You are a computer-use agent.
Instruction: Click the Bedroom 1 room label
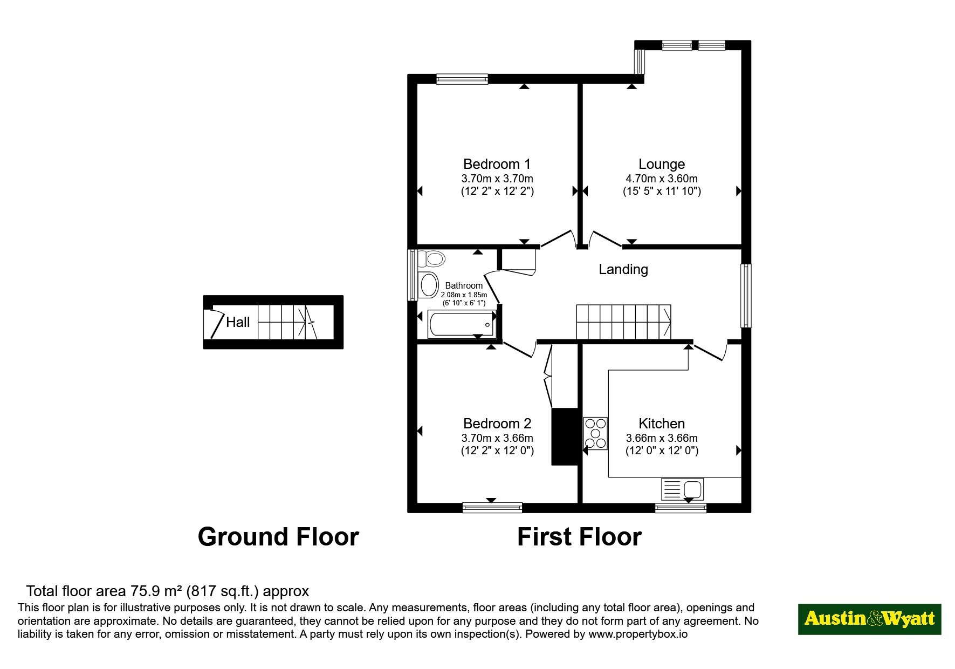(x=497, y=164)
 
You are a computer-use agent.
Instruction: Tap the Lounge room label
(x=662, y=164)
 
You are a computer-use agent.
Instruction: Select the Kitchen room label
(x=662, y=424)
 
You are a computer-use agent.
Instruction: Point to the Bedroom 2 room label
(x=497, y=424)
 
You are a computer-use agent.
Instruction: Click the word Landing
(x=623, y=269)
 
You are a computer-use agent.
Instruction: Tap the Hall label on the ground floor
(x=238, y=322)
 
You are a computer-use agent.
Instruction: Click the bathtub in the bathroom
(x=462, y=324)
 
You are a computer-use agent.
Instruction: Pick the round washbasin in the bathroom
(x=429, y=285)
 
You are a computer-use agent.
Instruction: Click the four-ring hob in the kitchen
(x=595, y=434)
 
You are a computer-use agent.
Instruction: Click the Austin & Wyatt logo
(x=869, y=619)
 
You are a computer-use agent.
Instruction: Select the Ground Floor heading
(x=278, y=537)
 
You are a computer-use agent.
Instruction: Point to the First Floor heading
(x=579, y=537)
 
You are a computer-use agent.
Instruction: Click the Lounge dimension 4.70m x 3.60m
(x=662, y=179)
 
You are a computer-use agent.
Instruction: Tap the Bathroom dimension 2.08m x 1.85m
(x=464, y=295)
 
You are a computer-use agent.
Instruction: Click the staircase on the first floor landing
(x=623, y=322)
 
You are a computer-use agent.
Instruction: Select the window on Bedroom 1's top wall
(x=462, y=79)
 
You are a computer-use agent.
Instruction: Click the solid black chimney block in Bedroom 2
(x=565, y=436)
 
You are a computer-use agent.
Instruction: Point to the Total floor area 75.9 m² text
(x=168, y=591)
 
